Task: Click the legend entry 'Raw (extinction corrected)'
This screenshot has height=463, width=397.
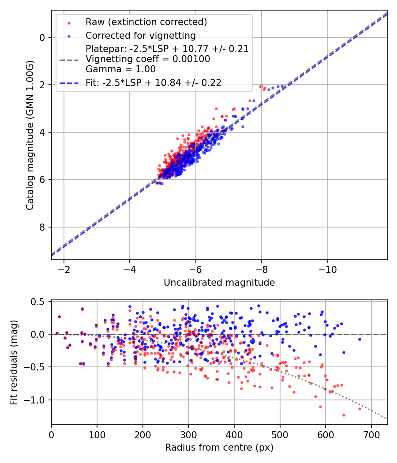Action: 146,22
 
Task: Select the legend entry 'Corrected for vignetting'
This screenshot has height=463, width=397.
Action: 141,35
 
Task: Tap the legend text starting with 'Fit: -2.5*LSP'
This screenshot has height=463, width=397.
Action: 154,82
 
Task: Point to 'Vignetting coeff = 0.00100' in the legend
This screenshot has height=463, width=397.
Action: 148,59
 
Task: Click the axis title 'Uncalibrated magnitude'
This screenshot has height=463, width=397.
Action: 219,283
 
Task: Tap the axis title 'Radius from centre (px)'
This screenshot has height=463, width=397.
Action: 219,448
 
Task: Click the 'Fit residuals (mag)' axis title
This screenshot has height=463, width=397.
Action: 14,362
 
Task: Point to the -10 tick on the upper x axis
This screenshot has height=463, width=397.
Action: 327,269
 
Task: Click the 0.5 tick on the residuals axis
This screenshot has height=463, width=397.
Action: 40,302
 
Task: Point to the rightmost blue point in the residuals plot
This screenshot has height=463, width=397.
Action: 360,339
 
